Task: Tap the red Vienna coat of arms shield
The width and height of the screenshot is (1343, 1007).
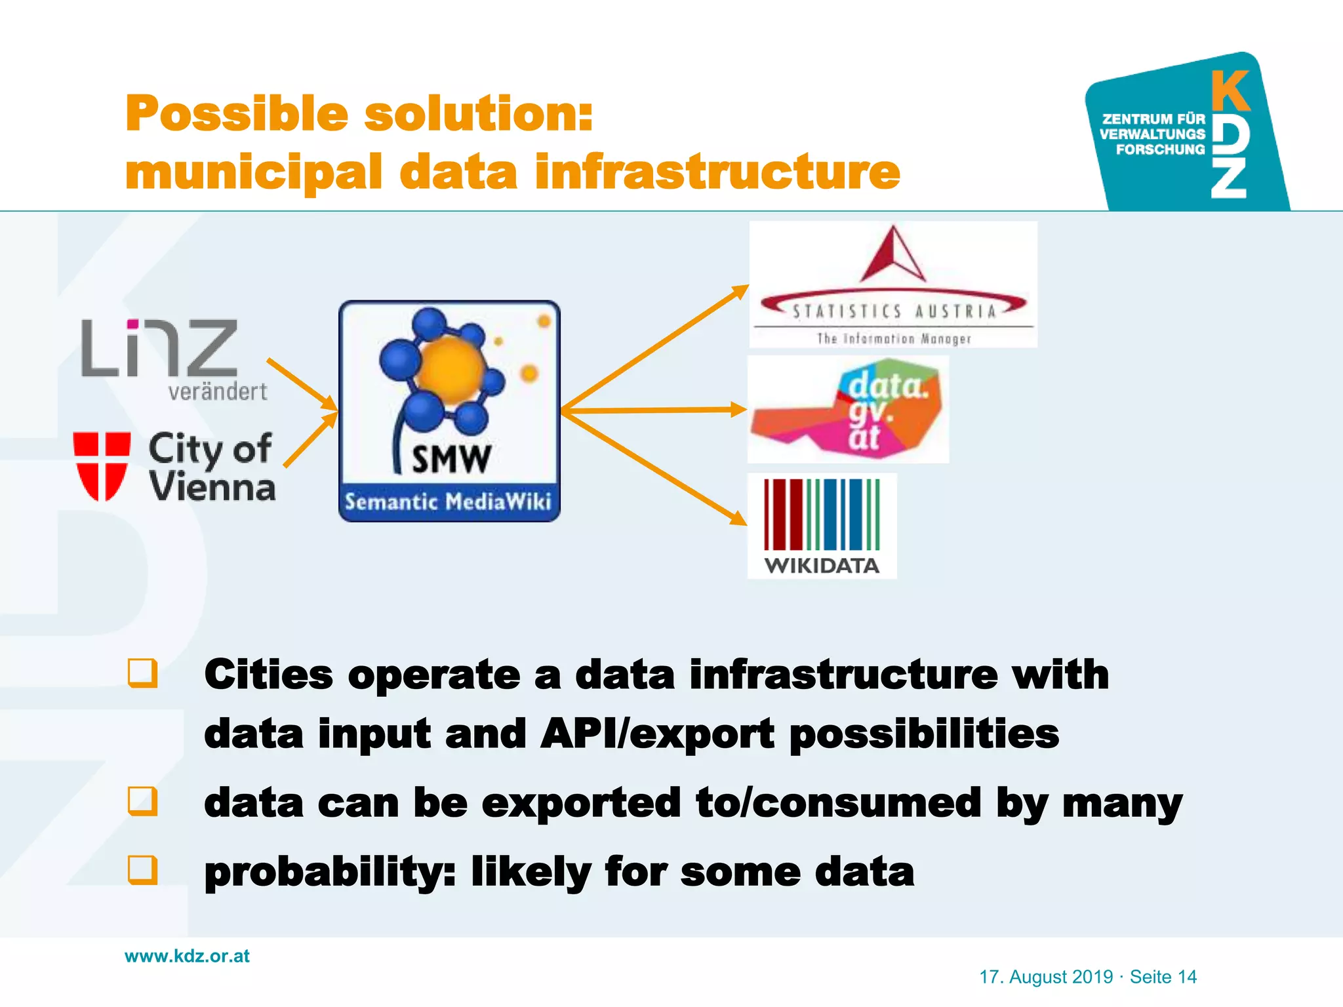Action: [101, 465]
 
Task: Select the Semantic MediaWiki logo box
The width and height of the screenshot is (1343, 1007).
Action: [449, 411]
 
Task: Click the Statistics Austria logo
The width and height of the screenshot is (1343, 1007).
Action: [893, 285]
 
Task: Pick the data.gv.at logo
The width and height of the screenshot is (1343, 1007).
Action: [849, 410]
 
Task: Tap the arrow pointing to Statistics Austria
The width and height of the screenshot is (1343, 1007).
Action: [656, 347]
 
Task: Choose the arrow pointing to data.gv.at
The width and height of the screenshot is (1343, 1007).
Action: [656, 410]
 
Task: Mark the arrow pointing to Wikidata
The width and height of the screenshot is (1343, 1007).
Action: [656, 468]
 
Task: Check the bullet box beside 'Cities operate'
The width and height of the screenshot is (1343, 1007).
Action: [143, 673]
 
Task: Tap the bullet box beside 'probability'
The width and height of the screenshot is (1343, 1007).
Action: [143, 870]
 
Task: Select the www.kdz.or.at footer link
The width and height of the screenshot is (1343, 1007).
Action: [187, 956]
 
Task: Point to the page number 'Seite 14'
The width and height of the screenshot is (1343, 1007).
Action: [1163, 977]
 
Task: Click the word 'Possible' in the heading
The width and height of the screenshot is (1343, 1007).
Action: [236, 113]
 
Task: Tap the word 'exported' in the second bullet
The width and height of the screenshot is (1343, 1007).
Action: [581, 802]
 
